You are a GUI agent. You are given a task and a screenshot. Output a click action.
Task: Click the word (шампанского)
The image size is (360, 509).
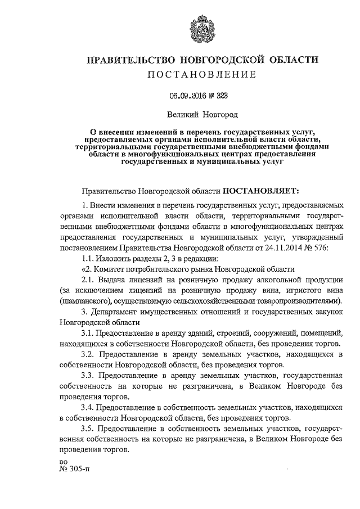86,301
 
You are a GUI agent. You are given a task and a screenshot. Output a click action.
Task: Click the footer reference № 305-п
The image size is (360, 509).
74,470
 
